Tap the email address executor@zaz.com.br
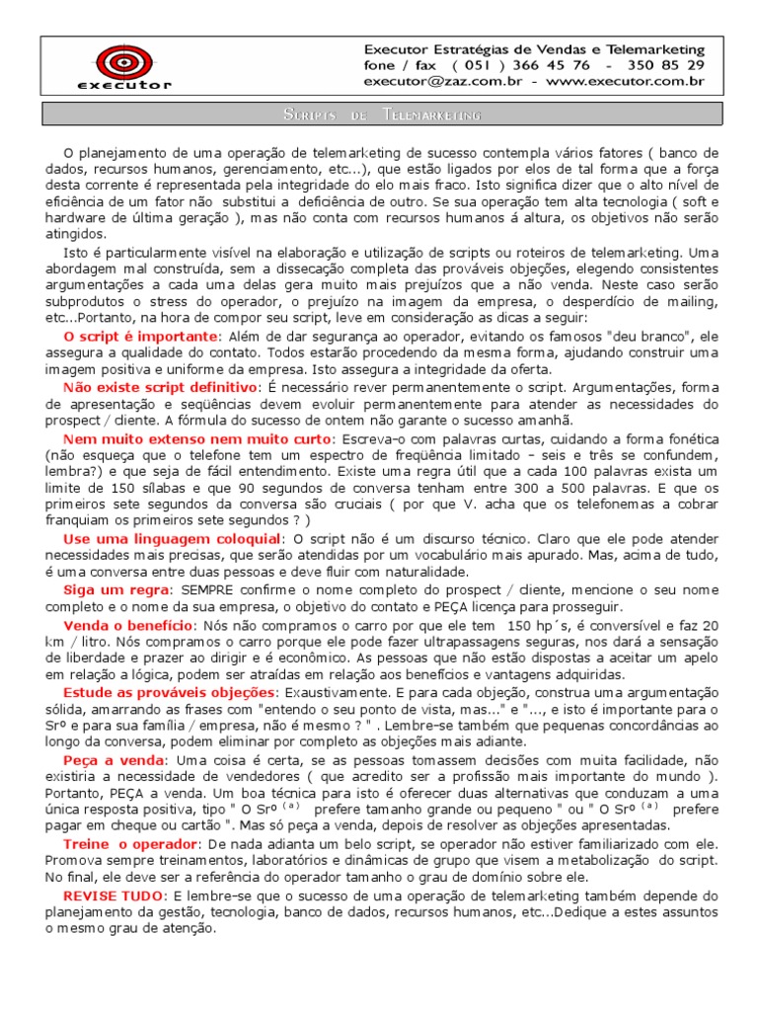tap(439, 82)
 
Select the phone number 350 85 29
tap(669, 65)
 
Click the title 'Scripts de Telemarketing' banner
tap(379, 116)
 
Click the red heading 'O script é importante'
tap(141, 337)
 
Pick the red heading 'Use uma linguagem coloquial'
tap(172, 539)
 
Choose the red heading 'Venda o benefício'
tap(128, 626)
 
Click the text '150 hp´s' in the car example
tap(537, 626)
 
